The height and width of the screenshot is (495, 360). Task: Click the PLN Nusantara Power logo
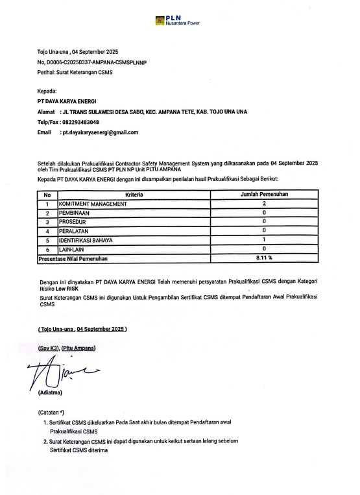[177, 21]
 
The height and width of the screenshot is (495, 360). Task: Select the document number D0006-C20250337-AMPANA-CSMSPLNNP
[98, 62]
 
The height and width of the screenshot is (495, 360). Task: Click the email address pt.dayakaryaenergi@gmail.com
[99, 132]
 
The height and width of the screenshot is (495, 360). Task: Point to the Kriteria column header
[134, 195]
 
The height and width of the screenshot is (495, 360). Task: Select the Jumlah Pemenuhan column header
[265, 195]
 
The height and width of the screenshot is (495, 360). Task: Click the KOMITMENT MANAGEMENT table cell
[93, 204]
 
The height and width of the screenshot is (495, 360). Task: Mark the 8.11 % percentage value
[265, 258]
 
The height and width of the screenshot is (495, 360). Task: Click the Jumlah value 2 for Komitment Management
[265, 204]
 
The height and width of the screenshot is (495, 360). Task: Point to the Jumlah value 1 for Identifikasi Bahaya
[265, 240]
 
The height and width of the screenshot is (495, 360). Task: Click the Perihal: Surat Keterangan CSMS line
[75, 71]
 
